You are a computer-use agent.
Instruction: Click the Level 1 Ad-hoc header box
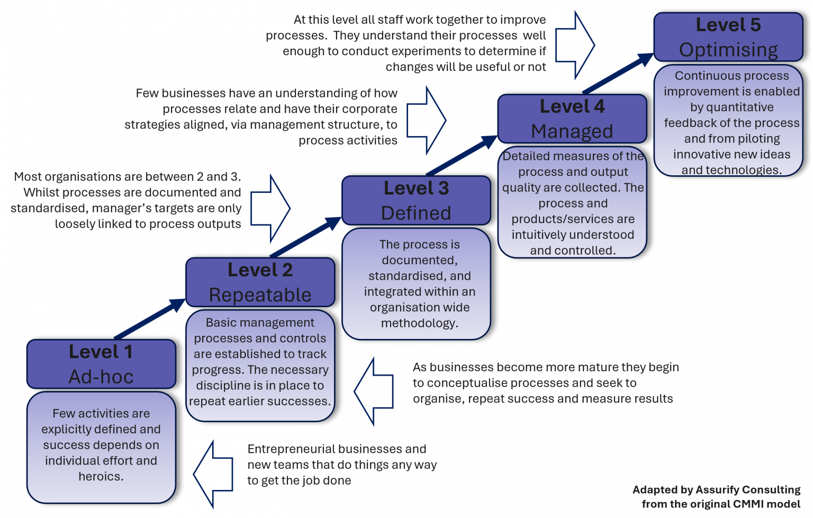(101, 364)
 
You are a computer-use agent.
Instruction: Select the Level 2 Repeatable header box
(260, 282)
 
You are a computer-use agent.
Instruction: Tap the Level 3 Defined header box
(416, 201)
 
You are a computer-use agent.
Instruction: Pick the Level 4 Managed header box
(572, 119)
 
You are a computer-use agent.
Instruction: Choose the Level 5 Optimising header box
(728, 37)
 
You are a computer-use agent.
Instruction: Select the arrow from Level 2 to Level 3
(306, 237)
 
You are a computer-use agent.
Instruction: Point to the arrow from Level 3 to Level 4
(462, 155)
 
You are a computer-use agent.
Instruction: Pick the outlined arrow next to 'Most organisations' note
(271, 208)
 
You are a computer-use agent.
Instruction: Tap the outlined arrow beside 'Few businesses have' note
(427, 120)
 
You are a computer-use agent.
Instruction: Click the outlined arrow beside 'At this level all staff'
(576, 46)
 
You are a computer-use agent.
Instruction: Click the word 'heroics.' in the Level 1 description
(101, 476)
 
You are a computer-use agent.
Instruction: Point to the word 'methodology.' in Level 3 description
(419, 323)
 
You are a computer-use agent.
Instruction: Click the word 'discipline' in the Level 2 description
(223, 386)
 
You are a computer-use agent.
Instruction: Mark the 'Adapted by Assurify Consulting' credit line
(716, 490)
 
